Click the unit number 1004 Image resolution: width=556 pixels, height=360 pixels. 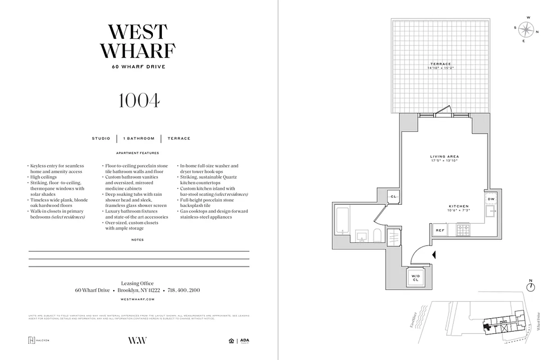click(x=139, y=101)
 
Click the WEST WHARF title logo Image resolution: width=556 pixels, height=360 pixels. click(x=138, y=41)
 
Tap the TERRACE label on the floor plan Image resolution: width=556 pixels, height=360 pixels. click(x=439, y=64)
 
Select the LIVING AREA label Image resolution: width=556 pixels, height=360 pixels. click(x=444, y=157)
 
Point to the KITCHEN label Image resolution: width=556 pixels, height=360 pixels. click(x=458, y=206)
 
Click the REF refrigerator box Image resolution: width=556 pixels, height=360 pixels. click(x=440, y=230)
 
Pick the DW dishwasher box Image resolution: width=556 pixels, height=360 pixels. click(x=491, y=199)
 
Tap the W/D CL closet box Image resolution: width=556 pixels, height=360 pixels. click(x=415, y=278)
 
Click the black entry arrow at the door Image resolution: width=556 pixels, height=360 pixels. click(x=434, y=255)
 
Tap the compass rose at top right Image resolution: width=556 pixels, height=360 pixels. click(x=525, y=30)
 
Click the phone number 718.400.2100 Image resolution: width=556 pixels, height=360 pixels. click(x=184, y=290)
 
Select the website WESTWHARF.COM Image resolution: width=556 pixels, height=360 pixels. click(x=138, y=299)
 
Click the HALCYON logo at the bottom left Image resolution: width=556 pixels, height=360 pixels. click(x=39, y=340)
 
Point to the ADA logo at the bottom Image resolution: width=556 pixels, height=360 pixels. click(x=244, y=341)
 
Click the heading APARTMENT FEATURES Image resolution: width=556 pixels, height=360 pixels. click(x=138, y=153)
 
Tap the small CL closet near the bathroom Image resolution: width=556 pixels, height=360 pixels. click(x=394, y=197)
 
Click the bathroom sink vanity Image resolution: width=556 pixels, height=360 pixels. click(x=361, y=235)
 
